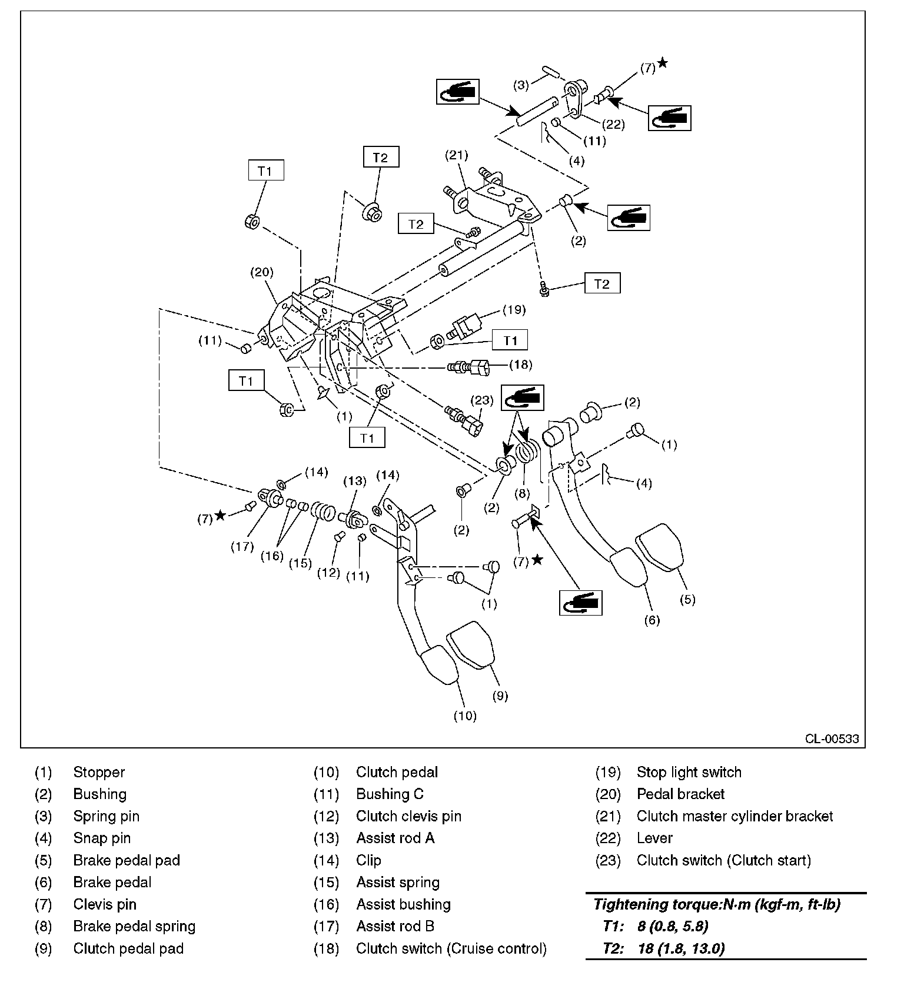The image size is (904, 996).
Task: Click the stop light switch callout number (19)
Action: (513, 309)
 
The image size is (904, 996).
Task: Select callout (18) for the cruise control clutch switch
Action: (520, 365)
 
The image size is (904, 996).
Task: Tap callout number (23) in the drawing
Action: (481, 400)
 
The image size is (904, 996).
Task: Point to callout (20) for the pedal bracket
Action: (262, 272)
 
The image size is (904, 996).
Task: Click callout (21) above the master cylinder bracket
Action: (456, 155)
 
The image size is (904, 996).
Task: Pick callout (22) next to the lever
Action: (613, 124)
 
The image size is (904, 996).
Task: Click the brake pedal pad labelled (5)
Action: (660, 550)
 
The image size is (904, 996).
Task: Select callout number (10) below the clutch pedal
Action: (465, 716)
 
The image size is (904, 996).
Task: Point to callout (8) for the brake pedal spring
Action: (522, 492)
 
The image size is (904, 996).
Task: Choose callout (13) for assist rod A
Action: (355, 481)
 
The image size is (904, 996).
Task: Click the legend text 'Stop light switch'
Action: (689, 772)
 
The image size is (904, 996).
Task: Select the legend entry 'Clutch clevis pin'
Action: (408, 816)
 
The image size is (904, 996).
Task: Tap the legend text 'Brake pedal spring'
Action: (134, 926)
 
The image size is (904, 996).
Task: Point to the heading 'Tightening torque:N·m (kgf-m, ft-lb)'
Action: (716, 904)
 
